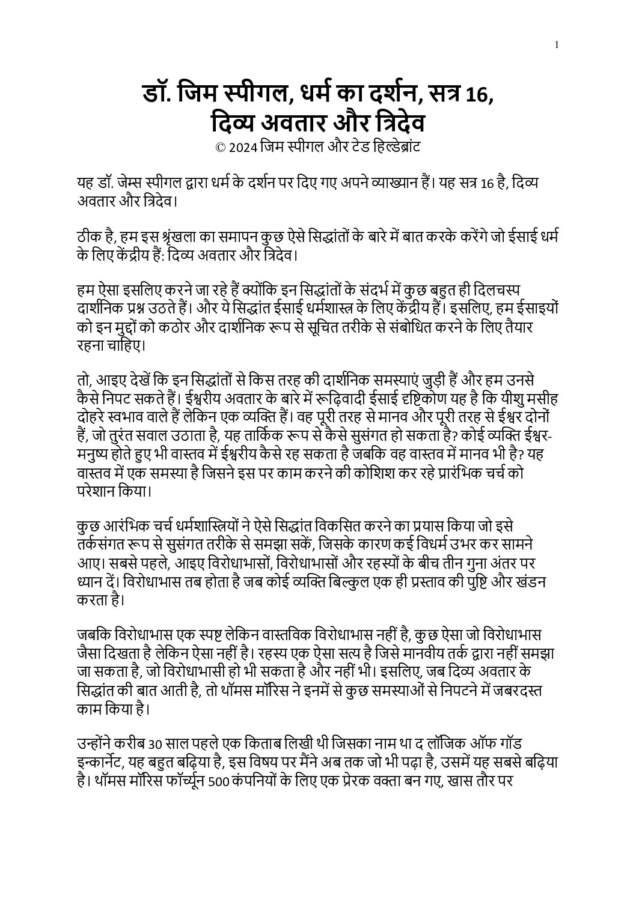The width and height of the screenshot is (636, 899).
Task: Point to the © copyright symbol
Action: (219, 146)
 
